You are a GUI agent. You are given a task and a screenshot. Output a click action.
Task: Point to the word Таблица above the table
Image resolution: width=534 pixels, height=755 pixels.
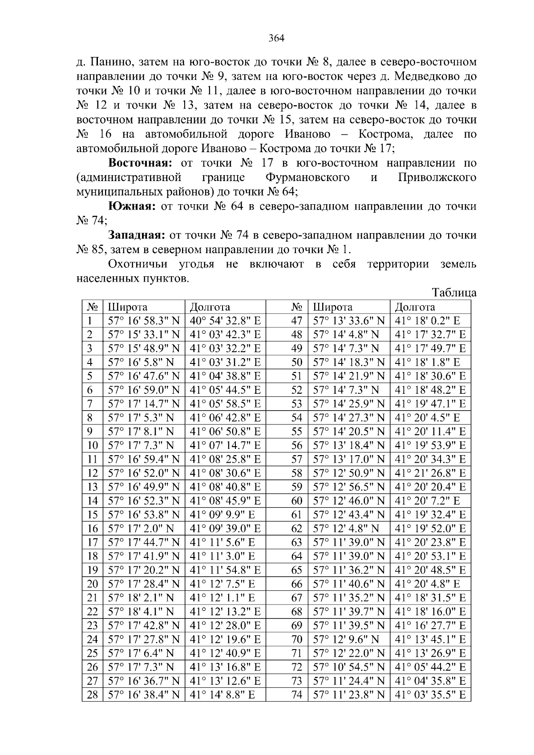coord(454,293)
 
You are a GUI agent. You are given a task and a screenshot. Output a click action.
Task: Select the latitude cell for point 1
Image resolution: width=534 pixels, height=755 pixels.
coord(144,321)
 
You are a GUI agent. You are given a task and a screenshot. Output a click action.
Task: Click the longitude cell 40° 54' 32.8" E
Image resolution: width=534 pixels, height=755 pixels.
coord(225,321)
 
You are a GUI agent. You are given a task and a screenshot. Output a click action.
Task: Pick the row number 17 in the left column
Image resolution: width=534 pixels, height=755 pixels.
coord(92,542)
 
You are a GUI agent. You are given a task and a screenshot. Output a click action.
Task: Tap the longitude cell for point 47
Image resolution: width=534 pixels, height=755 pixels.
coord(430,321)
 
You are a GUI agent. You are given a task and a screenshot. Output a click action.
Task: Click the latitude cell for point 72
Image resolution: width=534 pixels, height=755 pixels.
coord(349,667)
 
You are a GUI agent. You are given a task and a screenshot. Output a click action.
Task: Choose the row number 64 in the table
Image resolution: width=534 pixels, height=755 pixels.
coord(296,556)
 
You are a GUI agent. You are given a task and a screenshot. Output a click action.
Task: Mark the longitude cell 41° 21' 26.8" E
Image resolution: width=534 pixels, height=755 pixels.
coord(430,473)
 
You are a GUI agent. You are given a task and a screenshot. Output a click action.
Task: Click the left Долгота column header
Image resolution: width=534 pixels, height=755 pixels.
coord(210,307)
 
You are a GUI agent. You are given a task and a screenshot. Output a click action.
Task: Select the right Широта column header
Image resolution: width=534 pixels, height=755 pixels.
coord(333,307)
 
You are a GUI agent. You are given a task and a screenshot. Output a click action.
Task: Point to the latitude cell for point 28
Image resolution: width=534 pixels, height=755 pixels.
coord(144,694)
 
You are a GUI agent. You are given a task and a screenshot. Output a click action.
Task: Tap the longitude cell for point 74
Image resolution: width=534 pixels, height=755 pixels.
coord(430,694)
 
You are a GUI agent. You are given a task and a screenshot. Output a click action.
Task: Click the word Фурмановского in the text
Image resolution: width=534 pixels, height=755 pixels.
coord(307,178)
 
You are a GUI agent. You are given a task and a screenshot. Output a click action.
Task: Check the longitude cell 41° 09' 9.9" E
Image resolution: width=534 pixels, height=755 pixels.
coord(222,515)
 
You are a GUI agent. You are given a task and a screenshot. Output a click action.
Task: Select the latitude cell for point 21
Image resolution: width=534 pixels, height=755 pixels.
coord(141,598)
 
